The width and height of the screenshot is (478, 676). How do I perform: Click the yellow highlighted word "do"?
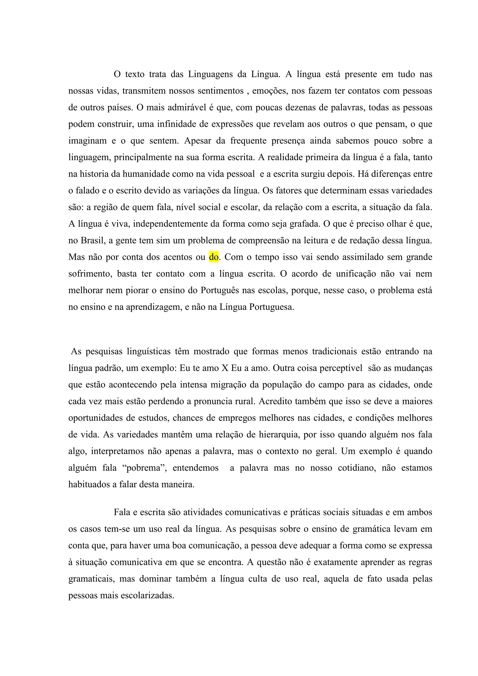click(214, 257)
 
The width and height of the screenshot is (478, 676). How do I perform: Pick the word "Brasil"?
click(93, 241)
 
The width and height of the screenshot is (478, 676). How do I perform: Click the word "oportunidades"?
click(97, 418)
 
